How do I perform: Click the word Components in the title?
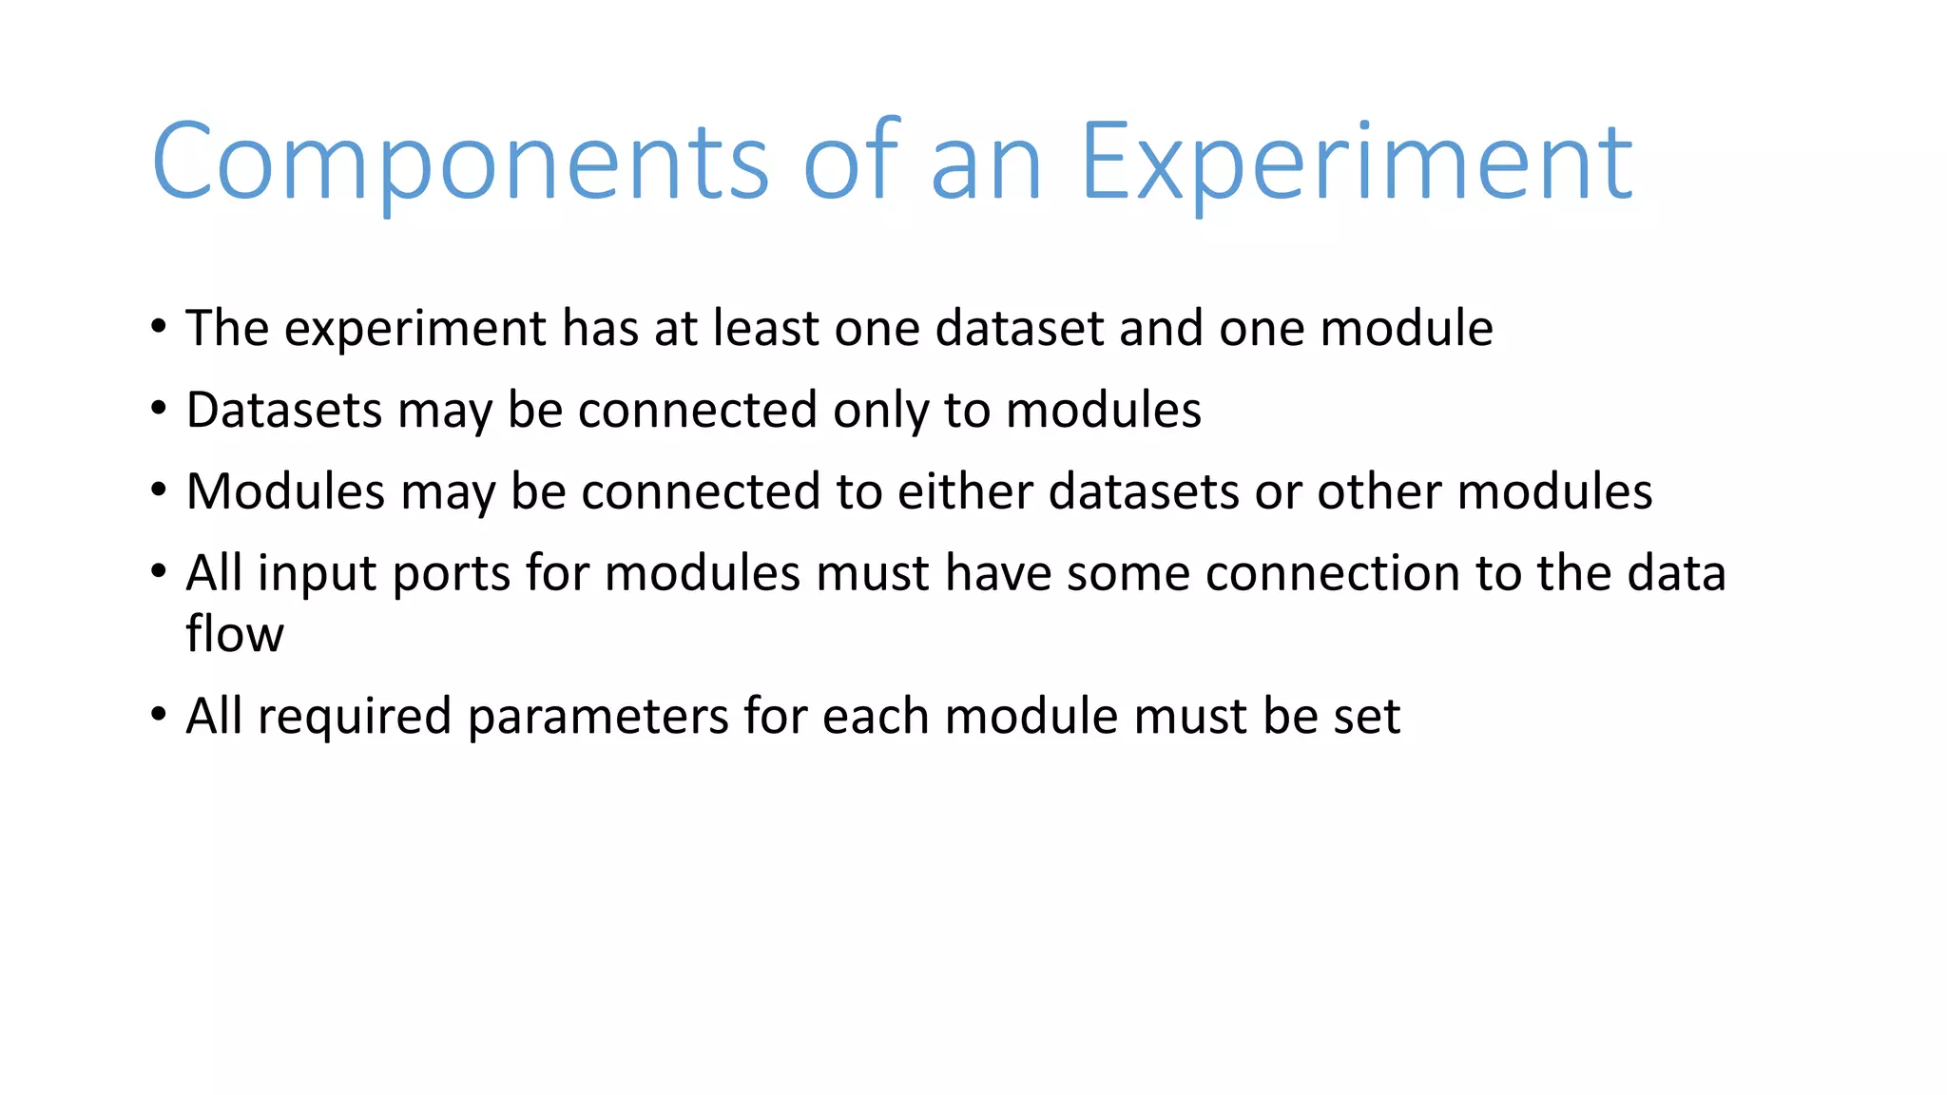(459, 163)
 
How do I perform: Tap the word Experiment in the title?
(1357, 163)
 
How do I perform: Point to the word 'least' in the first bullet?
(767, 329)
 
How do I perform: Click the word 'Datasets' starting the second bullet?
(284, 411)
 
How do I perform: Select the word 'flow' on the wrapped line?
(234, 633)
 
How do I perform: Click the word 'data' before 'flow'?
(1676, 574)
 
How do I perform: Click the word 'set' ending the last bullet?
(1366, 717)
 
